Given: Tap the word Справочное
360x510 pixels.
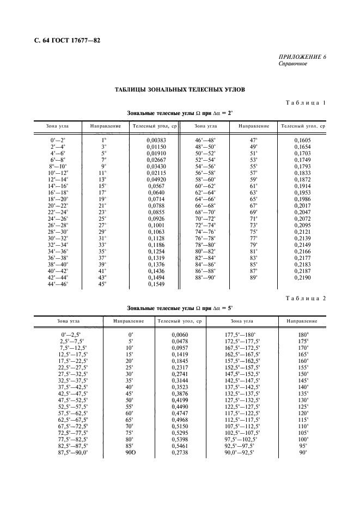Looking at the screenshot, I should point(293,63).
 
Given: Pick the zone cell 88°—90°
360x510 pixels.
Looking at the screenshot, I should point(205,277).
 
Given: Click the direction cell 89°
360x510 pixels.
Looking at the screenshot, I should point(253,277).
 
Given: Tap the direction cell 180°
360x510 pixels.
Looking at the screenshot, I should point(303,334).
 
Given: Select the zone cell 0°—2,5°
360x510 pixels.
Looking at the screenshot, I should point(71,334).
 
